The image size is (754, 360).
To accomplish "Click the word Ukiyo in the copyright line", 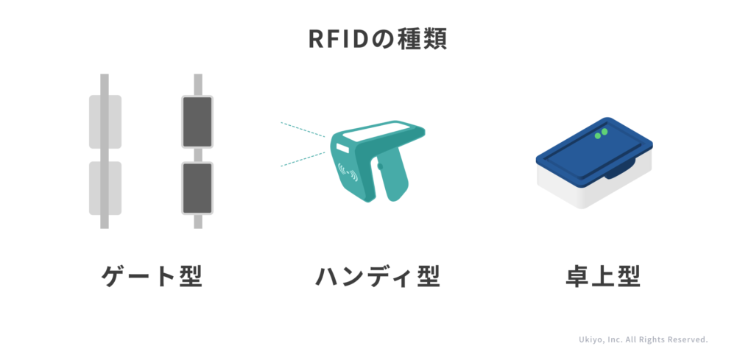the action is (590, 340).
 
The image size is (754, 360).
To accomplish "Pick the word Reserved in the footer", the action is (688, 340).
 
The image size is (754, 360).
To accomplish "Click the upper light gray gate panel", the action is (105, 121).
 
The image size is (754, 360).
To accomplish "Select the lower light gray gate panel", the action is (105, 188).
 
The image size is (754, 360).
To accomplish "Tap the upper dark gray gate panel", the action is (197, 121).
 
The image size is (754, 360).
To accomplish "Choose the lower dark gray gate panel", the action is (197, 188).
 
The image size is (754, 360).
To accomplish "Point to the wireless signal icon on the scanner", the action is (348, 172).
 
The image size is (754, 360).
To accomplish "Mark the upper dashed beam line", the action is (303, 130).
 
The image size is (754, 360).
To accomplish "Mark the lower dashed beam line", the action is (303, 159).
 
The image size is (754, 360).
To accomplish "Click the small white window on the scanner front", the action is (342, 147).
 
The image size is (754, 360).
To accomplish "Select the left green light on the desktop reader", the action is (598, 136).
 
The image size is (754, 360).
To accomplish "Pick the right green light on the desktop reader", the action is (605, 131).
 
